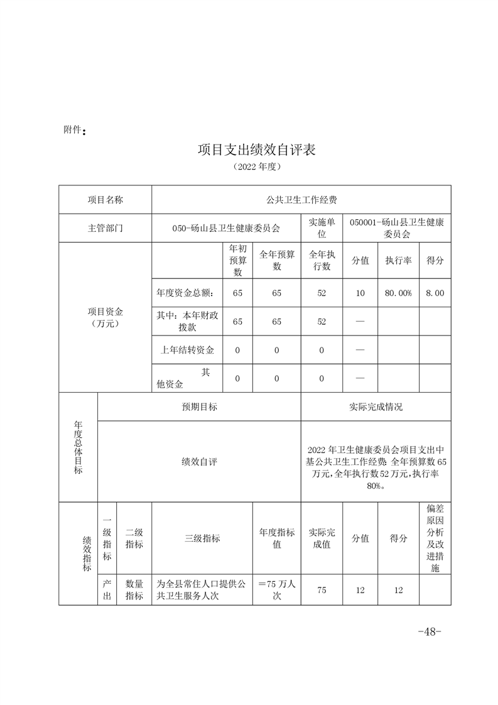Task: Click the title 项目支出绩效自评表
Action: [x=256, y=150]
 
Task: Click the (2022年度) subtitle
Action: [x=255, y=167]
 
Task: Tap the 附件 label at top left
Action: [x=74, y=130]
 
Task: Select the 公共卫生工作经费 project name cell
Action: [x=301, y=200]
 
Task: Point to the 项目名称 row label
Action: [x=106, y=200]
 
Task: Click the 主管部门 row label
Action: [x=106, y=228]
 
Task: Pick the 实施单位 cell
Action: [x=322, y=228]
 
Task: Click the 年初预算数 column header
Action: [x=237, y=260]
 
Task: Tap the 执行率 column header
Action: [x=398, y=260]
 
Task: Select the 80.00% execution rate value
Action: [x=398, y=293]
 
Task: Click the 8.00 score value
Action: [x=435, y=293]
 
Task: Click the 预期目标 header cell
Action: [x=200, y=407]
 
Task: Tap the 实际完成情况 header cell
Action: [x=376, y=407]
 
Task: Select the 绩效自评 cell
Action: [x=200, y=462]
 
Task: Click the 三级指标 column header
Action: [x=202, y=538]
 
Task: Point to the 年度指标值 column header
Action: [x=277, y=538]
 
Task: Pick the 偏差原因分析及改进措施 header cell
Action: [x=435, y=538]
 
